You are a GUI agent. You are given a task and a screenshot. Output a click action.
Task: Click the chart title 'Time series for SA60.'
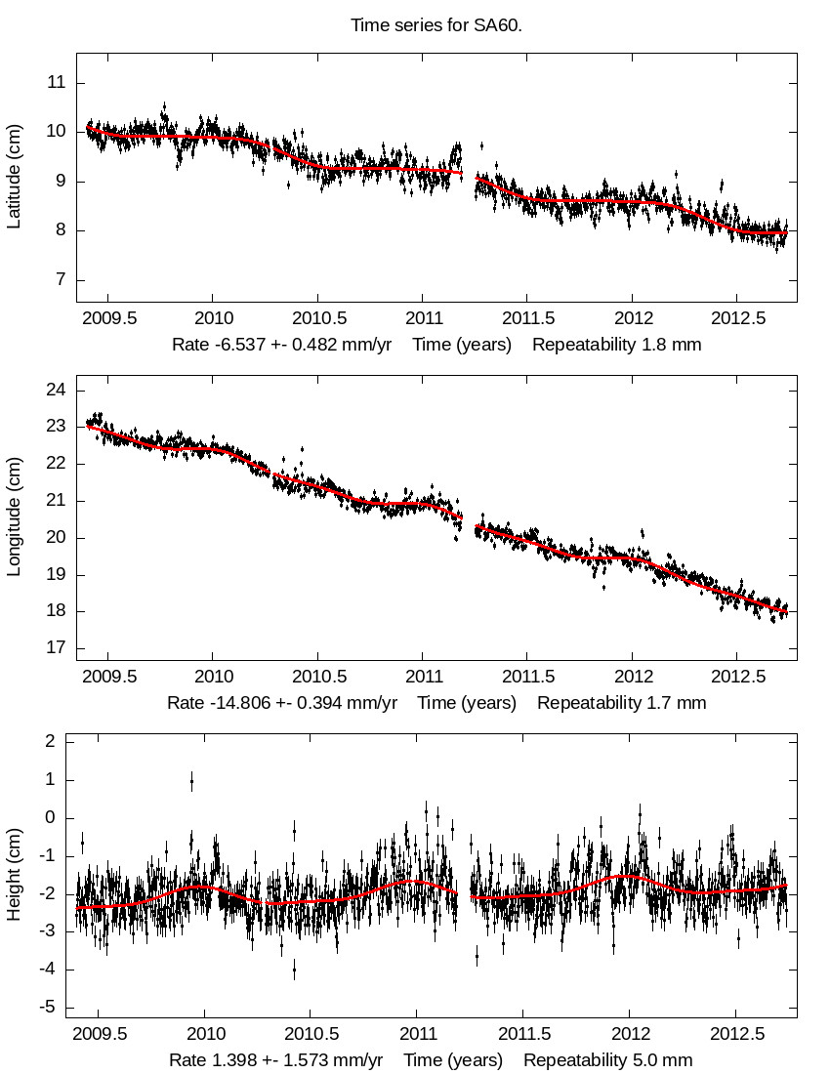[436, 25]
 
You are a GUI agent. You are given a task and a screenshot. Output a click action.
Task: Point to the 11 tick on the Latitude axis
[56, 83]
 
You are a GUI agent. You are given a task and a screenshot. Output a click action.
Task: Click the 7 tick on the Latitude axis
[61, 280]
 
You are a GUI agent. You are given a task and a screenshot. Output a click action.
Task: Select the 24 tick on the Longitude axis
[56, 391]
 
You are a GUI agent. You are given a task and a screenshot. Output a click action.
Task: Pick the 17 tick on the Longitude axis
[56, 648]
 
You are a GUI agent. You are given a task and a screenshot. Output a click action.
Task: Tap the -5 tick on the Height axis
[47, 1008]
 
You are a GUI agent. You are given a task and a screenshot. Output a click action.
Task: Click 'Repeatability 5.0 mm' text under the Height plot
[607, 1060]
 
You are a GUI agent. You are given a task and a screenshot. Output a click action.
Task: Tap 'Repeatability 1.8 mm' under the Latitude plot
[616, 345]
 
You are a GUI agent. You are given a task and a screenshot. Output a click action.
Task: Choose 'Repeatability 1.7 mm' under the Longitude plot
[621, 703]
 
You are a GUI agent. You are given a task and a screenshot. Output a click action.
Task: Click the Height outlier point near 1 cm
[191, 781]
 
